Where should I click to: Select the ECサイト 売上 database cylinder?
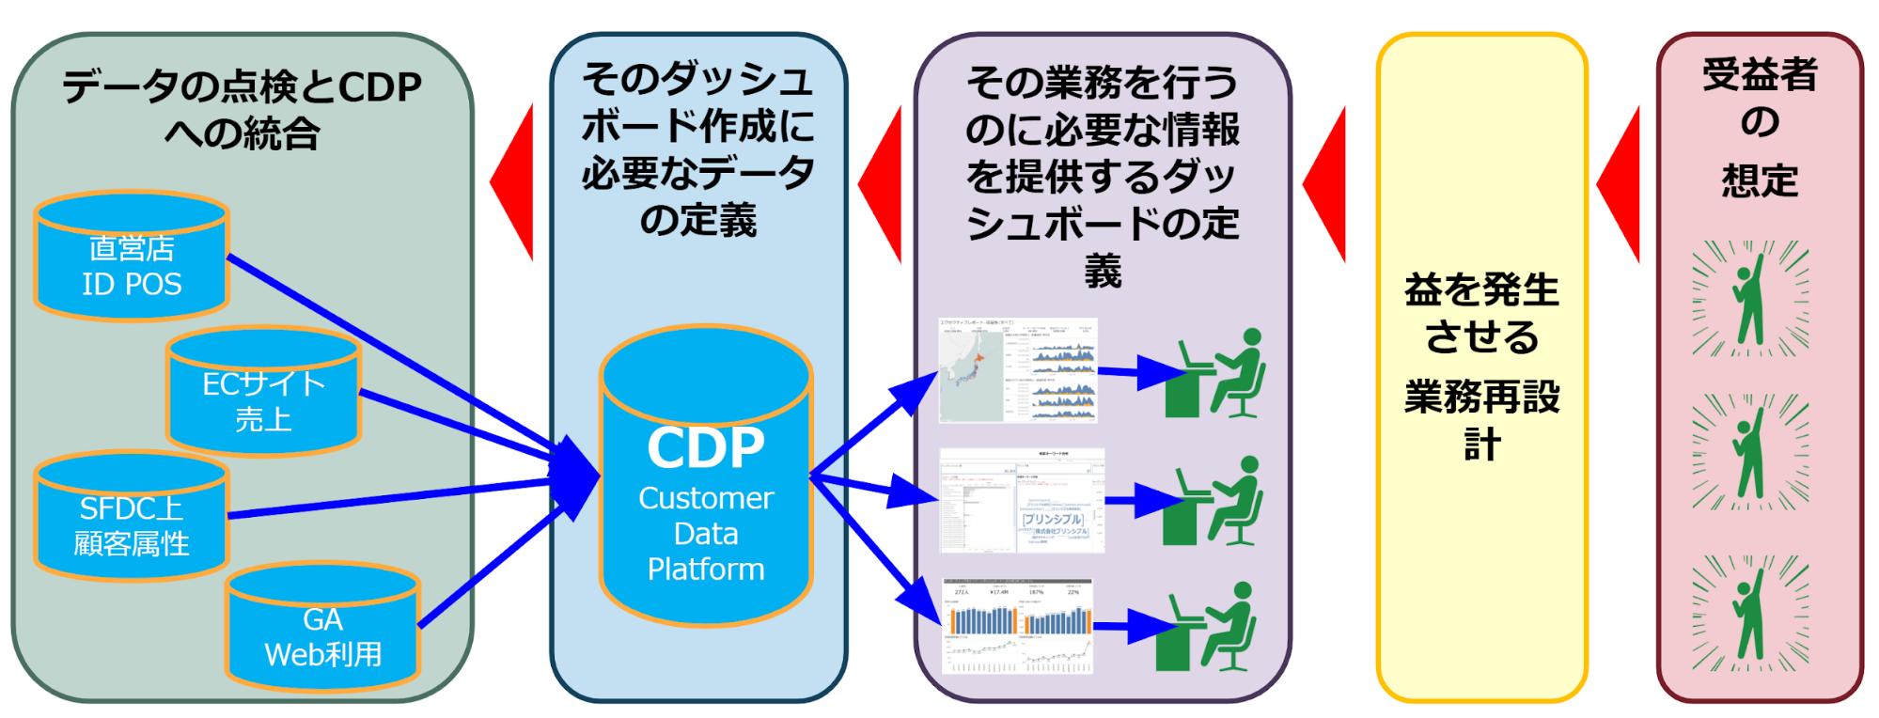click(263, 393)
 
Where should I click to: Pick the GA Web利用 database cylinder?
click(322, 628)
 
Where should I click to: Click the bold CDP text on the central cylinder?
click(706, 448)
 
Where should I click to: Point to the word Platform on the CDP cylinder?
click(706, 570)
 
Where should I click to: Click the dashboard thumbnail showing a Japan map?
click(1018, 370)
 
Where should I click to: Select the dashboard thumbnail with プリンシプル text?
click(1022, 501)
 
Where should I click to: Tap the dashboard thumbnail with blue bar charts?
click(1018, 626)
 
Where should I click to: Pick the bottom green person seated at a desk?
click(1207, 627)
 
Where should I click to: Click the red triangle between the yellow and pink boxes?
click(1621, 184)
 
